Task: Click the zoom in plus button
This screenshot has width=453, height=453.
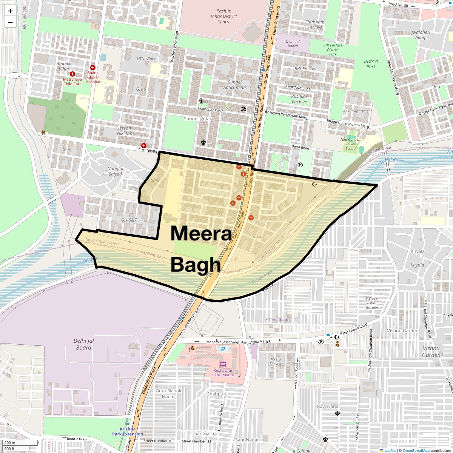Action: (x=10, y=11)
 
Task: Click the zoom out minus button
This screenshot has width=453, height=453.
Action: (x=10, y=22)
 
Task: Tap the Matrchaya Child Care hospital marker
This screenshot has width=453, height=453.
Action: (x=72, y=74)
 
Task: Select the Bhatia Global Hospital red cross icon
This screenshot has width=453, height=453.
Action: (x=93, y=68)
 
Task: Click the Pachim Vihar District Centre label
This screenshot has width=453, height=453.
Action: (x=224, y=17)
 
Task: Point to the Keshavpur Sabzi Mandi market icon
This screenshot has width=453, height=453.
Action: (x=223, y=365)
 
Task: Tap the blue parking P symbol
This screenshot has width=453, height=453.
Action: (x=223, y=349)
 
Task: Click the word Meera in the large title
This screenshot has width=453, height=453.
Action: (x=201, y=233)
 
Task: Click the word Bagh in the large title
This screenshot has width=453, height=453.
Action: (x=195, y=265)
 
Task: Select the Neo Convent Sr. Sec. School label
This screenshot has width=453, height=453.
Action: (x=351, y=144)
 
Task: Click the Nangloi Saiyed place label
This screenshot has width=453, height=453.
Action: (x=115, y=171)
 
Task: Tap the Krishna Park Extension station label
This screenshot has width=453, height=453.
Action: (x=128, y=431)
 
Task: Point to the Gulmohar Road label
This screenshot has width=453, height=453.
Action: (x=210, y=111)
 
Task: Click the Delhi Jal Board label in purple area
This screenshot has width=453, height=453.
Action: (x=83, y=344)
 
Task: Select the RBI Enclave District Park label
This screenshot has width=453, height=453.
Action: (x=333, y=49)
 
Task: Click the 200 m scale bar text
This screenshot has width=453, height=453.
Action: (x=10, y=443)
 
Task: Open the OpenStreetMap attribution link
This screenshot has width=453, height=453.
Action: (x=416, y=450)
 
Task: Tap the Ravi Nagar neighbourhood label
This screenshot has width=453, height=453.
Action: (x=328, y=406)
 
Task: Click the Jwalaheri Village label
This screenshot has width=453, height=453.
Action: (x=421, y=35)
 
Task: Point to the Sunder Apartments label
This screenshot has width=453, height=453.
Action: (x=235, y=85)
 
